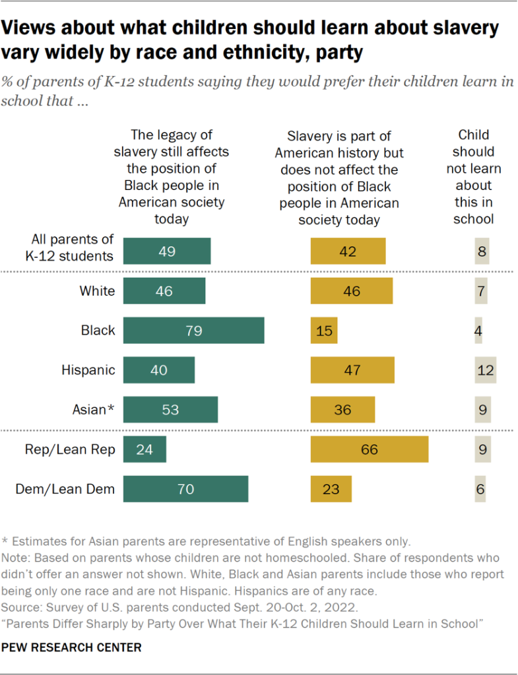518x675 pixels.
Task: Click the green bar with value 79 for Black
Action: (x=193, y=331)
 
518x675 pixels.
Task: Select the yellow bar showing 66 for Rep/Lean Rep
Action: (x=370, y=449)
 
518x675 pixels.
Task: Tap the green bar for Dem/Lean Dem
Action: (x=185, y=489)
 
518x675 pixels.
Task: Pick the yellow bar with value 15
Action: (x=324, y=331)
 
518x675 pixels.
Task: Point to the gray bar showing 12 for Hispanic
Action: (x=485, y=370)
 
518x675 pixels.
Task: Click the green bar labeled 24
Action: (x=145, y=449)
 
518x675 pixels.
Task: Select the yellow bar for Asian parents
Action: (x=342, y=410)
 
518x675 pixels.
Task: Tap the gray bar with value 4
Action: (x=478, y=331)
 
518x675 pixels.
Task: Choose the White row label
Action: (x=97, y=291)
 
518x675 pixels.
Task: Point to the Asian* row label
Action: (x=93, y=410)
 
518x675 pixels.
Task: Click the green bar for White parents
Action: (x=164, y=291)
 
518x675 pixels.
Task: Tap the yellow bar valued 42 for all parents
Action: (x=348, y=251)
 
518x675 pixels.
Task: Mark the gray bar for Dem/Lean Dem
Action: (x=480, y=489)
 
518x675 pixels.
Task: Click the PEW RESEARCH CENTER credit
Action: (x=72, y=647)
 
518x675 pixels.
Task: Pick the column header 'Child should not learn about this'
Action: (x=473, y=177)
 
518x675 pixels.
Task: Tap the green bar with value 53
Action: (x=170, y=410)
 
